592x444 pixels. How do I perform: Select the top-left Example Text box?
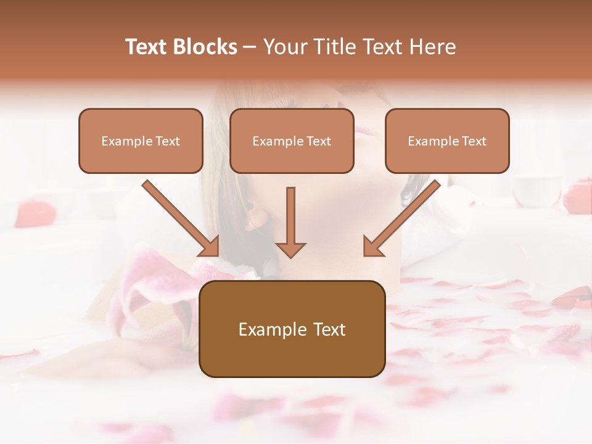pyautogui.click(x=141, y=141)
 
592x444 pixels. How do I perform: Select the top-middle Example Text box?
pyautogui.click(x=292, y=141)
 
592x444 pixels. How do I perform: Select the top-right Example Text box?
pyautogui.click(x=447, y=141)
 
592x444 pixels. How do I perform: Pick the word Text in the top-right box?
pyautogui.click(x=474, y=141)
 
